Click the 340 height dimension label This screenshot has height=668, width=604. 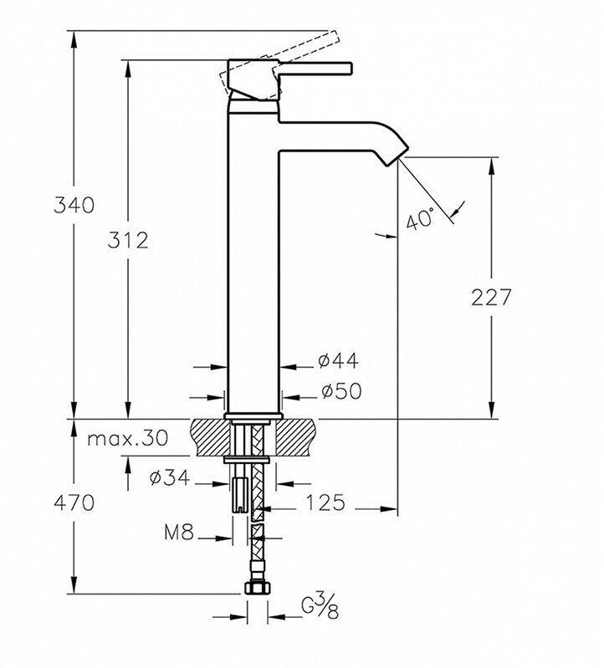72,205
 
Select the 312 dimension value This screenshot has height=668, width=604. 127,241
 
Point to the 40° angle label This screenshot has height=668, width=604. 419,219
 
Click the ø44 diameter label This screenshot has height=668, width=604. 338,361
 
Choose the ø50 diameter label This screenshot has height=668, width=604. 339,391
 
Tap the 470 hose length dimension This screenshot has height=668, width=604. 74,503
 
